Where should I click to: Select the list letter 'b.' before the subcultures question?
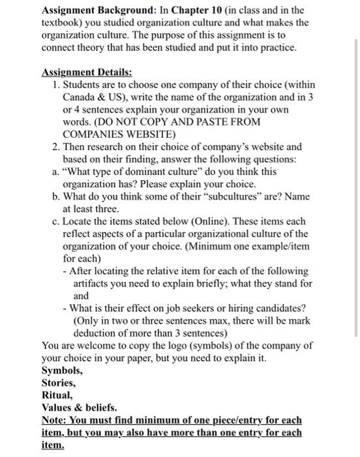tap(56, 197)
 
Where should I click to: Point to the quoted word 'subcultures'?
tap(251, 197)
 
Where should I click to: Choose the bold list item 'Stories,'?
tap(59, 383)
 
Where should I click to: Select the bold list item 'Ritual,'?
tap(57, 395)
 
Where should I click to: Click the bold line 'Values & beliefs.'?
tap(79, 407)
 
